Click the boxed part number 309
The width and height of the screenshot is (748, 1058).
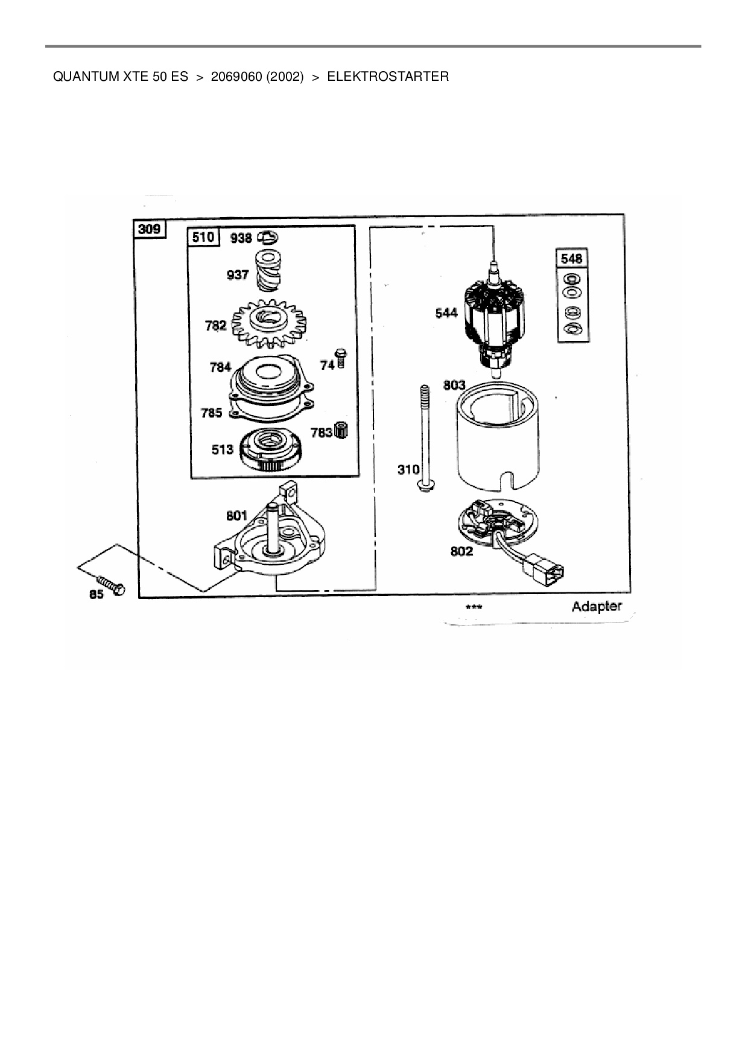coord(150,229)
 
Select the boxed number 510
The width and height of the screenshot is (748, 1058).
coord(203,237)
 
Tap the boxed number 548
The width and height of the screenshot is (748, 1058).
coord(571,258)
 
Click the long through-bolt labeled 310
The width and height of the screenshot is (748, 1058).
coord(425,438)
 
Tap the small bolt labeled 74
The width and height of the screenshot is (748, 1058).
coord(341,358)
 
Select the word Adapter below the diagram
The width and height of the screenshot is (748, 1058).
coord(596,606)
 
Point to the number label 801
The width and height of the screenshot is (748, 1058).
coord(236,515)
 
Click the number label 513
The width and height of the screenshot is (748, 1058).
coord(222,449)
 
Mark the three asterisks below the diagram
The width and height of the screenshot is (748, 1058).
coord(474,607)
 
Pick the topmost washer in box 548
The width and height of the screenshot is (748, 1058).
coord(571,279)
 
